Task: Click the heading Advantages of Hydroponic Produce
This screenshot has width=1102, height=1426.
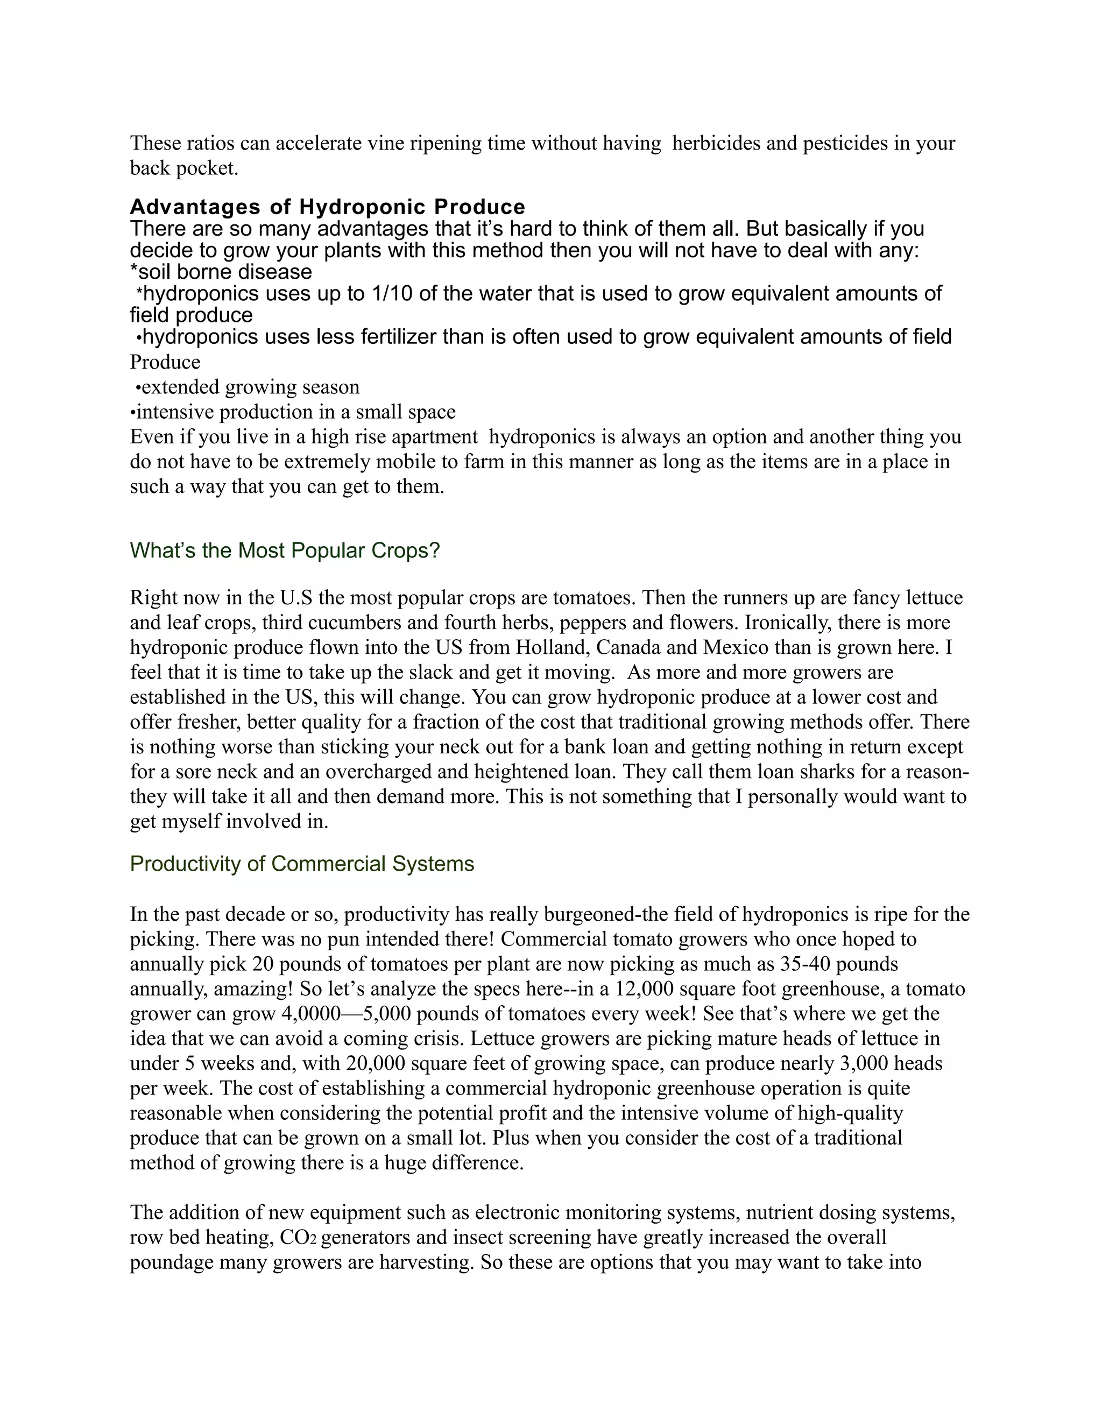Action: click(x=327, y=207)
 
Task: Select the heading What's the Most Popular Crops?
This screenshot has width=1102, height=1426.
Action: click(x=285, y=550)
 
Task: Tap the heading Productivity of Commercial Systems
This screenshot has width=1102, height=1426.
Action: click(x=302, y=864)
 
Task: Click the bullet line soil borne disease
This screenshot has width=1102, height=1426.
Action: click(x=221, y=272)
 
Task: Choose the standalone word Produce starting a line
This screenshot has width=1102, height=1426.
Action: click(x=165, y=362)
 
